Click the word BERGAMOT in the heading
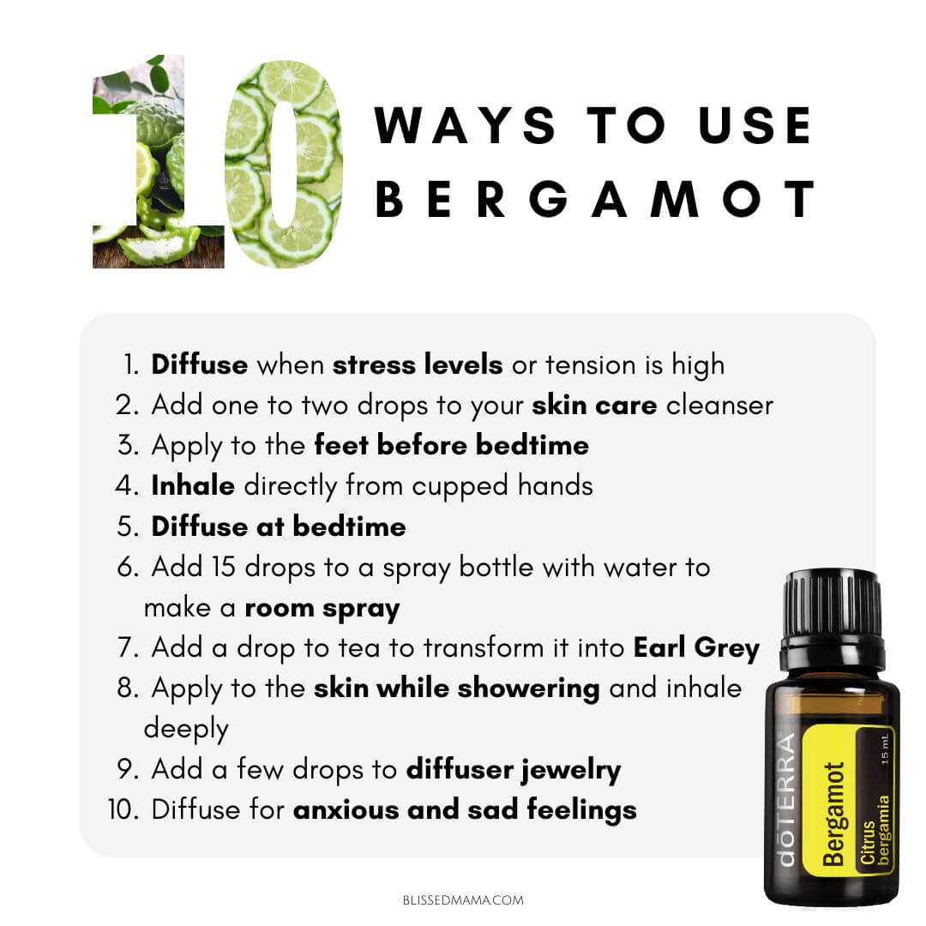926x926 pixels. pyautogui.click(x=595, y=199)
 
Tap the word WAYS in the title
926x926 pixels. pyautogui.click(x=465, y=125)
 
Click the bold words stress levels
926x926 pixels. pyautogui.click(x=418, y=364)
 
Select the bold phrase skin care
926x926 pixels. pyautogui.click(x=594, y=405)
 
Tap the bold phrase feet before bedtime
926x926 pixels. pyautogui.click(x=451, y=445)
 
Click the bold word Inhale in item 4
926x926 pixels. pyautogui.click(x=193, y=485)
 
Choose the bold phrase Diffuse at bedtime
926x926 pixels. pyautogui.click(x=279, y=526)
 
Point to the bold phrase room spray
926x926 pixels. pyautogui.click(x=322, y=609)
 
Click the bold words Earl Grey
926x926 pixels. pyautogui.click(x=697, y=648)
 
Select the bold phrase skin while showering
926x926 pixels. pyautogui.click(x=456, y=688)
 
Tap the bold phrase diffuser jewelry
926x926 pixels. pyautogui.click(x=514, y=770)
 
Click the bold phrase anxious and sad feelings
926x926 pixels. pyautogui.click(x=465, y=810)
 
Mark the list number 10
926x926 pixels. pyautogui.click(x=123, y=809)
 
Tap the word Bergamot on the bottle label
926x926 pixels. pyautogui.click(x=833, y=815)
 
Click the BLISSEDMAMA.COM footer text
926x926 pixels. pyautogui.click(x=463, y=900)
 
